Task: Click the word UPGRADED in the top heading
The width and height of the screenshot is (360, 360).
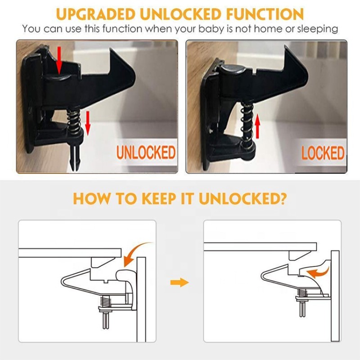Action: (95, 14)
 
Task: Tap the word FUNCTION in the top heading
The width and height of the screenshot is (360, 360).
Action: (265, 14)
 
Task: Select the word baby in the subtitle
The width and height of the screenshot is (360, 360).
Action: (211, 29)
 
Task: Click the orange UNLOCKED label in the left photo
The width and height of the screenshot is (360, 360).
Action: (146, 153)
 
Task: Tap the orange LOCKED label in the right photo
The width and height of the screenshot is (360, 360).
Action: (323, 153)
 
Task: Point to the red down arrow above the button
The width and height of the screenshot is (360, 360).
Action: (59, 60)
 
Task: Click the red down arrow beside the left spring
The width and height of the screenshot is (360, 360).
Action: (88, 122)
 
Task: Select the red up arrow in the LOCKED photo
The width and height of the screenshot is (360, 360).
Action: (257, 126)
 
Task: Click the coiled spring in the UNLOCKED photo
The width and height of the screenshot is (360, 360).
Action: (73, 121)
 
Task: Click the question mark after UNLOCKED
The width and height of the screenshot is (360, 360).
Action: (283, 198)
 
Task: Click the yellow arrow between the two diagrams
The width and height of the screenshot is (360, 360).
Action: (180, 283)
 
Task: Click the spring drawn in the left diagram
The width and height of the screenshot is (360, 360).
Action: (105, 301)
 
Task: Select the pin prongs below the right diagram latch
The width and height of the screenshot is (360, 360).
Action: (302, 309)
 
